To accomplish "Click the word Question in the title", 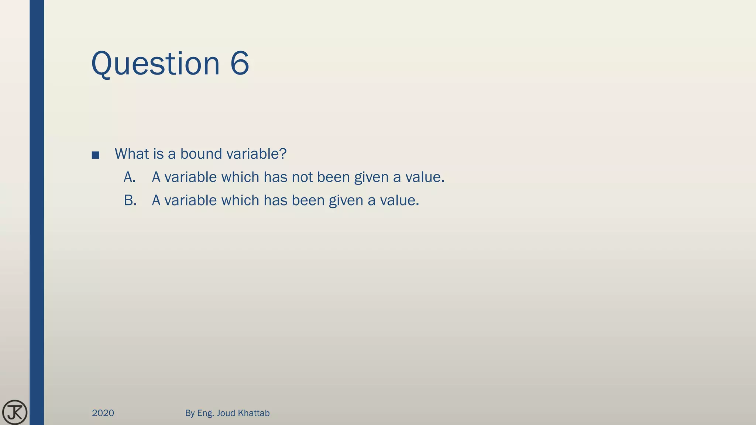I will pyautogui.click(x=155, y=63).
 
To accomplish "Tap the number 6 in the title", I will pyautogui.click(x=240, y=63).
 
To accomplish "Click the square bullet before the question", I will pyautogui.click(x=96, y=155).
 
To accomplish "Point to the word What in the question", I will pyautogui.click(x=131, y=154).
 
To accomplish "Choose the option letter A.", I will pyautogui.click(x=130, y=177).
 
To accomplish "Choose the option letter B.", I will pyautogui.click(x=130, y=201).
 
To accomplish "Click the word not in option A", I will pyautogui.click(x=302, y=177).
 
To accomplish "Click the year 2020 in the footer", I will pyautogui.click(x=103, y=413).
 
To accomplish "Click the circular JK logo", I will pyautogui.click(x=15, y=412).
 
